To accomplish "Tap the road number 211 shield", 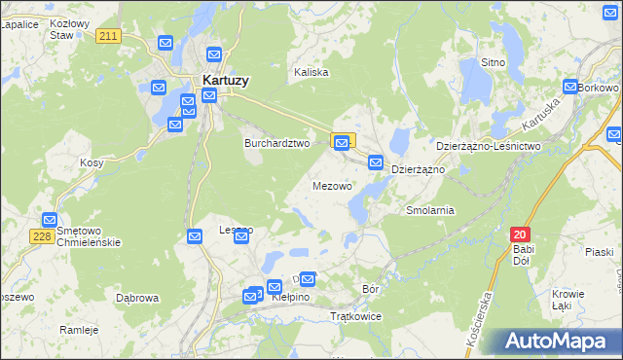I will [x=109, y=36].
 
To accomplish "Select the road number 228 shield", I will [x=41, y=237].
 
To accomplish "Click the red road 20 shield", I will [x=521, y=234].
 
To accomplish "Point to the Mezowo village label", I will [x=332, y=185].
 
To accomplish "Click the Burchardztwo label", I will [x=276, y=142].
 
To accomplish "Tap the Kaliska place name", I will [x=311, y=72].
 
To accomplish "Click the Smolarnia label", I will [x=430, y=210].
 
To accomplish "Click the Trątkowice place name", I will [x=356, y=317].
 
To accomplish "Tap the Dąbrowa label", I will [x=136, y=298].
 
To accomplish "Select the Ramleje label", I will [x=79, y=330].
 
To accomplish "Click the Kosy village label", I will [x=92, y=163].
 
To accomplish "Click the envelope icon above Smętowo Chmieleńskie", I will [x=50, y=221].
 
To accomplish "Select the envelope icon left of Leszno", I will [x=194, y=236].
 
